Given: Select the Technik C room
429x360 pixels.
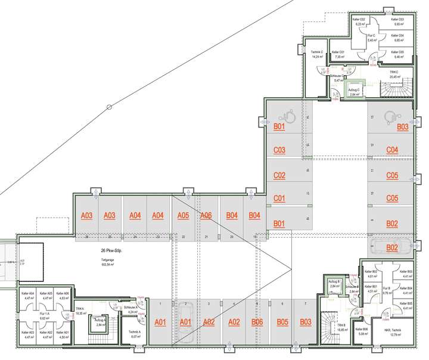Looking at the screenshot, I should [x=317, y=55].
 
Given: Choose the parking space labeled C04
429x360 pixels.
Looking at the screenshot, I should [x=392, y=150].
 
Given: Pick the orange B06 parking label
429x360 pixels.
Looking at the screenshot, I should [x=257, y=322].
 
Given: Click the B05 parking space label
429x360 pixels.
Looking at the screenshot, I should [x=282, y=322].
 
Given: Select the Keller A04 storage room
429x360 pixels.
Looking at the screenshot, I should [x=28, y=296].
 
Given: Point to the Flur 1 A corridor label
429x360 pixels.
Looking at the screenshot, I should [x=44, y=316].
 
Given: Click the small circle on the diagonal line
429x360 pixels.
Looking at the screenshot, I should [x=108, y=107].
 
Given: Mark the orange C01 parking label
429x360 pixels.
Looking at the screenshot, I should [x=279, y=198].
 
